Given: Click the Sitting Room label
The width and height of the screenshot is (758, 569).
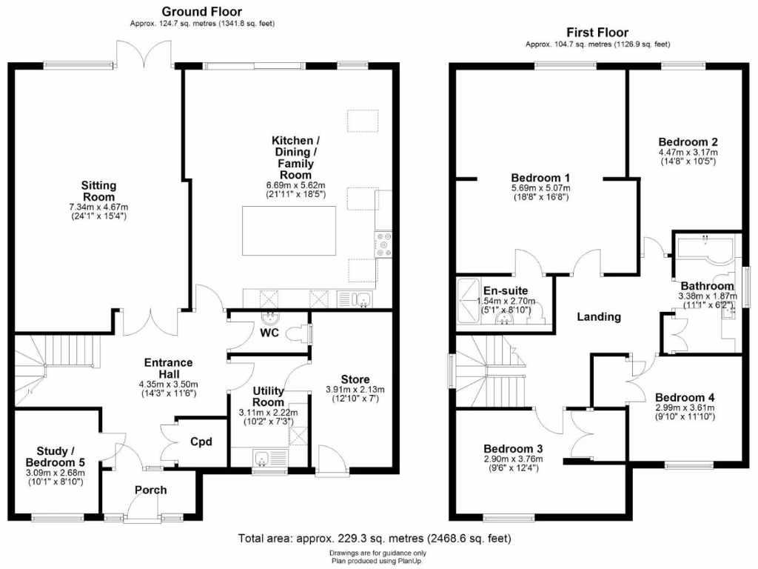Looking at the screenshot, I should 98,191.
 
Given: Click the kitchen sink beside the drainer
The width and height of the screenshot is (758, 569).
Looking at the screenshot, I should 362,299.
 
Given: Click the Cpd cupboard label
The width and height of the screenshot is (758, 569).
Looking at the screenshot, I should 201,442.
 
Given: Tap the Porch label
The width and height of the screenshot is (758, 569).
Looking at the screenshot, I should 150,490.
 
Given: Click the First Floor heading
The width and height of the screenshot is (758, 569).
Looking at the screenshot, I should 597,32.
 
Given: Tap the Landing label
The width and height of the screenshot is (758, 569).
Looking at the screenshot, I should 599,317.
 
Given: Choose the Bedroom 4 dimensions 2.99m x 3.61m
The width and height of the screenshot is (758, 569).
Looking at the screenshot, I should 685,407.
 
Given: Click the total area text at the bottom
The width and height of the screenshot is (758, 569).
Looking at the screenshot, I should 374,538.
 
